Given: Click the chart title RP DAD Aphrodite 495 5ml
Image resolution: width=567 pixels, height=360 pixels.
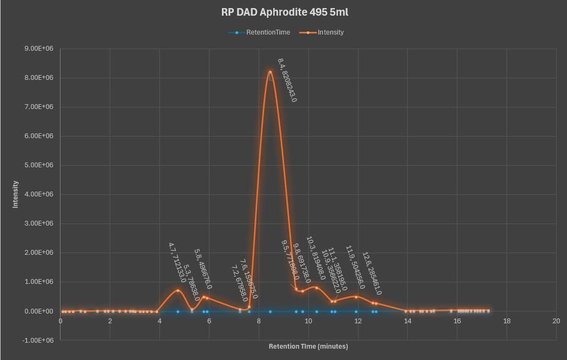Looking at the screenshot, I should tap(281, 12).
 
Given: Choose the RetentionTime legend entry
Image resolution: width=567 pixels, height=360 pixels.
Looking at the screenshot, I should tap(268, 32).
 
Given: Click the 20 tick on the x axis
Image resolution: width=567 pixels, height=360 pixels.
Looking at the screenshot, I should tap(556, 321).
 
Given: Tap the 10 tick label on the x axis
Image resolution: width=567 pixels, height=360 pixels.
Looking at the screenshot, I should tap(308, 321).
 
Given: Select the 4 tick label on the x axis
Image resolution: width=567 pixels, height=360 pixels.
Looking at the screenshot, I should tap(159, 321).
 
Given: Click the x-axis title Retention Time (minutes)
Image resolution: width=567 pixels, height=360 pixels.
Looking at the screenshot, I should tap(308, 347).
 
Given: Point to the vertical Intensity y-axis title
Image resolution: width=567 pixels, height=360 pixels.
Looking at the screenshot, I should tap(16, 194).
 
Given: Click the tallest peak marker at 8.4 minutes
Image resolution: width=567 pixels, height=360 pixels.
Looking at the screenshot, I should tap(270, 72).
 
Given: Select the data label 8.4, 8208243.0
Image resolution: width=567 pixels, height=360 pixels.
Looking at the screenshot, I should tap(287, 80).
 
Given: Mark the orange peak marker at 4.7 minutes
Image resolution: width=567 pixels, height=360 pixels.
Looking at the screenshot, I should tap(178, 290).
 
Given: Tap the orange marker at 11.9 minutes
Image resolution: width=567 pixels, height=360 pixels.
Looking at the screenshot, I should tap(356, 297).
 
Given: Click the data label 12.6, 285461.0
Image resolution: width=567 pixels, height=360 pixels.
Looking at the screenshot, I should tap(372, 274).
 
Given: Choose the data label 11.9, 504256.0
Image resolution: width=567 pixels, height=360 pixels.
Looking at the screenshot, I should tap(355, 267).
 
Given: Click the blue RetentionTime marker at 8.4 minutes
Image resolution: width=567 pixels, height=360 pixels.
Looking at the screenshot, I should tap(270, 311).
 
